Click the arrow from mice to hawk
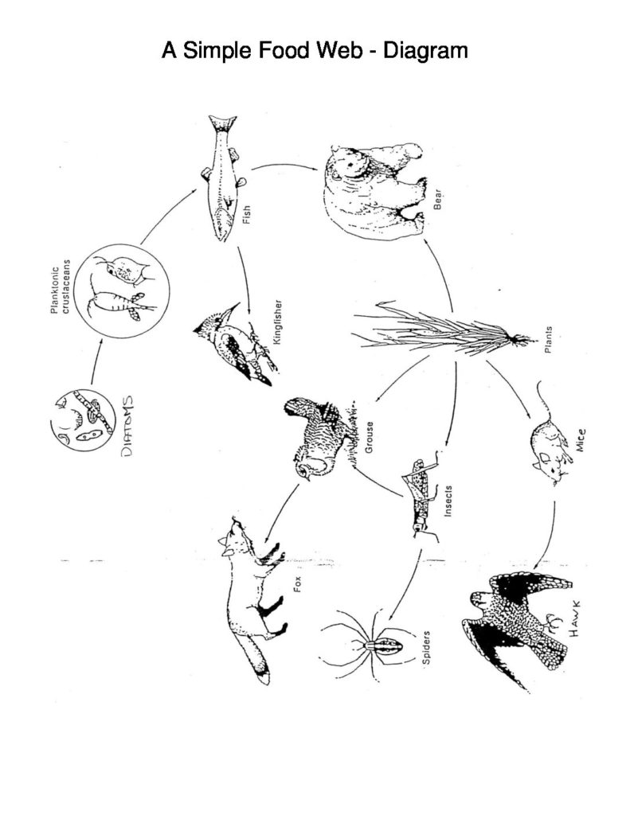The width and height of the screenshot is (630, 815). tap(550, 533)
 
